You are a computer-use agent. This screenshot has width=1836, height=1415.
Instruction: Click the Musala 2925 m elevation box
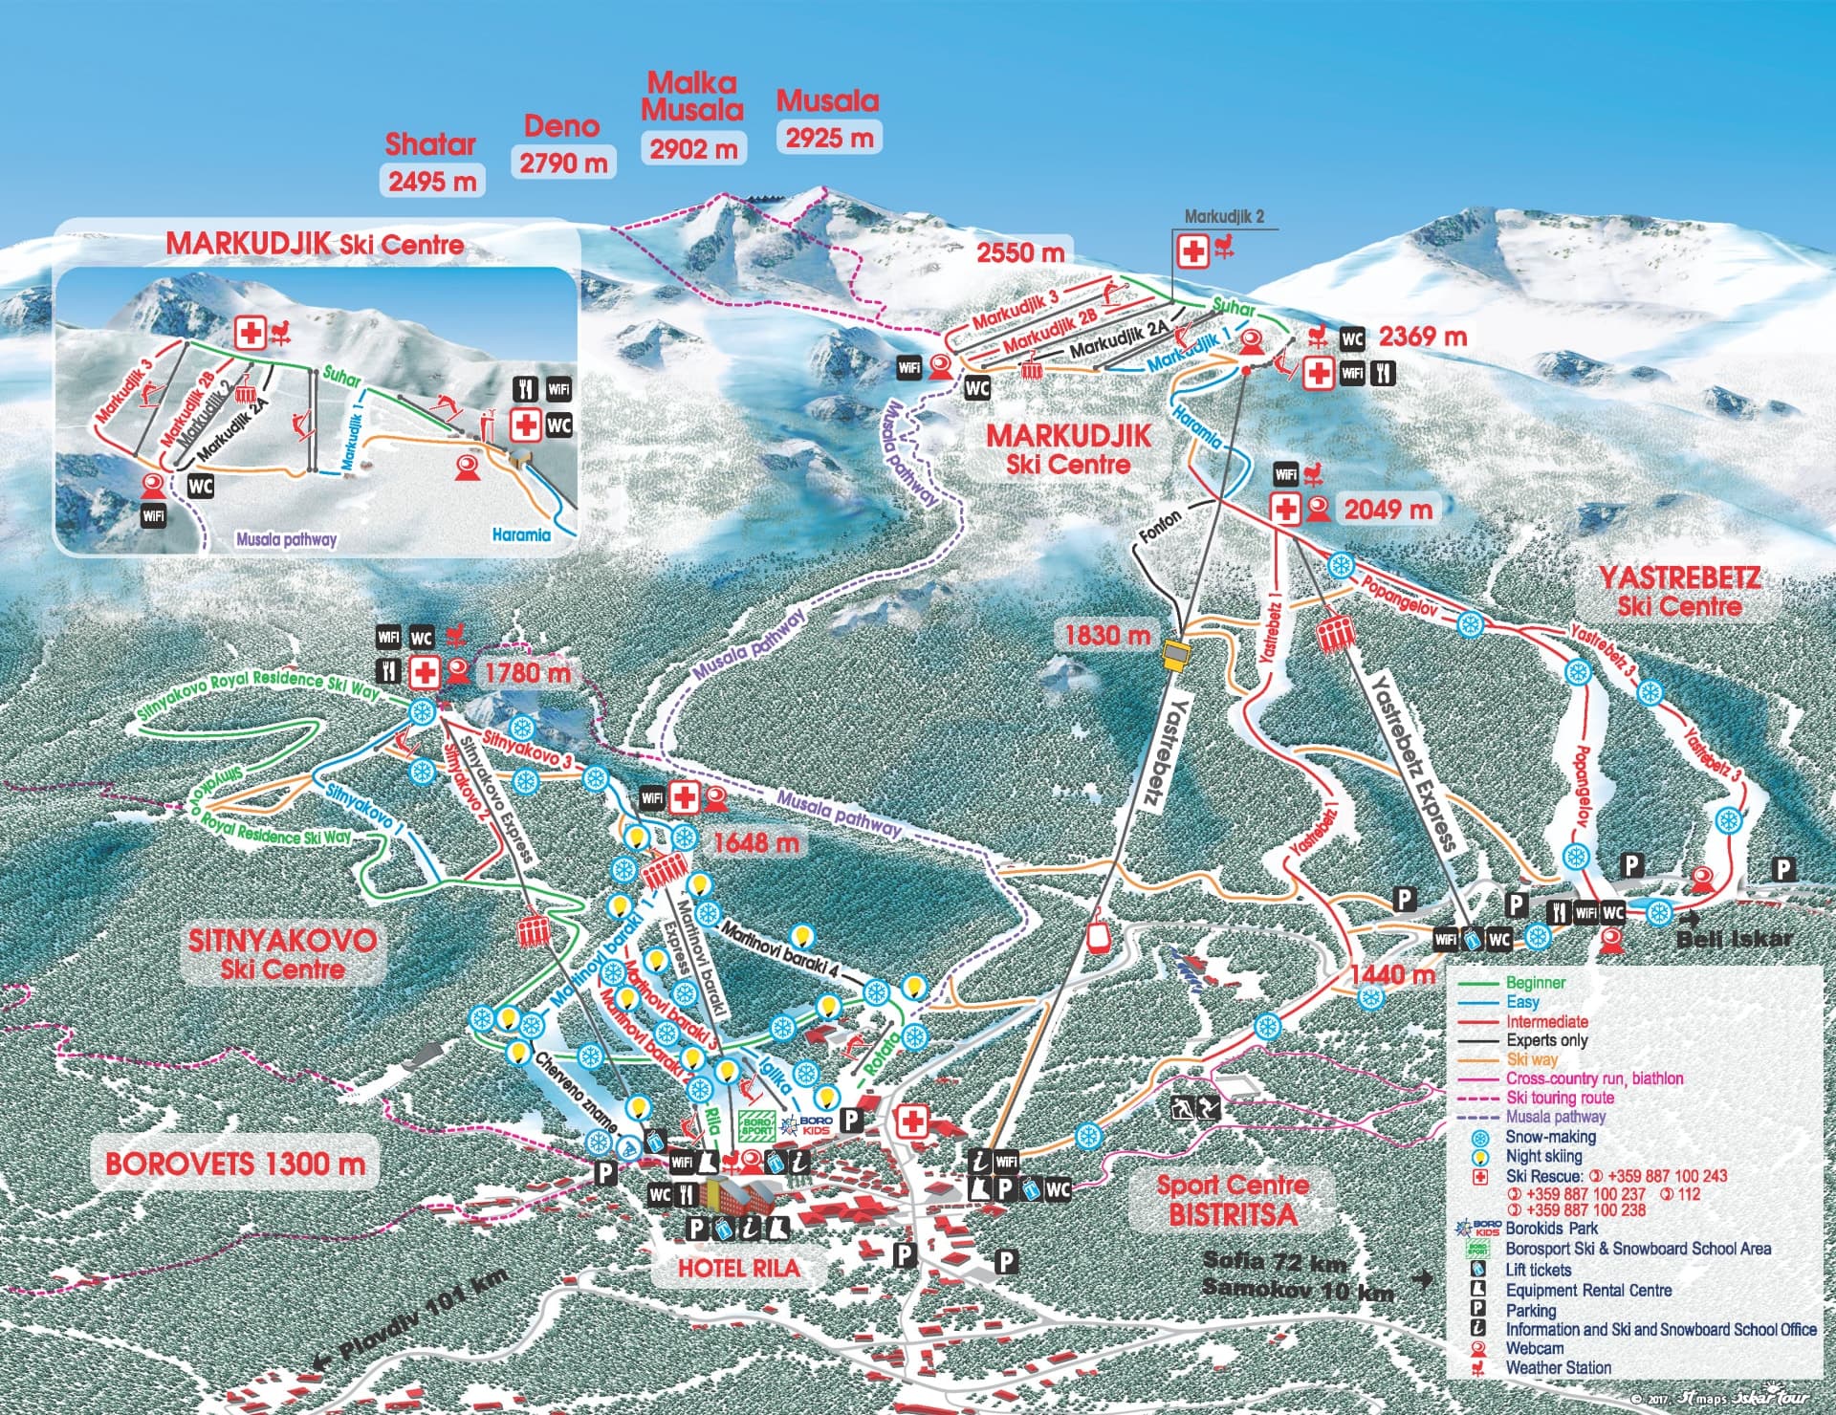pyautogui.click(x=829, y=138)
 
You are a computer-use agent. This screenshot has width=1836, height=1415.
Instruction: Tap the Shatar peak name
pyautogui.click(x=430, y=144)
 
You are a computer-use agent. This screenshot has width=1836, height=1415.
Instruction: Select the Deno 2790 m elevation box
pyautogui.click(x=563, y=163)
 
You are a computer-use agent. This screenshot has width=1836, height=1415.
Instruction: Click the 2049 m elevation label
pyautogui.click(x=1388, y=510)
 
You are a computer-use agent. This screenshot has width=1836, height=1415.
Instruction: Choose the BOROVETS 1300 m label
pyautogui.click(x=235, y=1164)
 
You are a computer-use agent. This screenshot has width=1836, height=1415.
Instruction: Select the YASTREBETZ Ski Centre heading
pyautogui.click(x=1679, y=592)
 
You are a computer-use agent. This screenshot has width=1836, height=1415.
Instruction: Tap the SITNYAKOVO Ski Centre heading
pyautogui.click(x=282, y=953)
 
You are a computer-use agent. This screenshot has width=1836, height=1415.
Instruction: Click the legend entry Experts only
pyautogui.click(x=1546, y=1040)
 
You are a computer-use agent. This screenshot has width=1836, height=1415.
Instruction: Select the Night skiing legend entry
pyautogui.click(x=1543, y=1156)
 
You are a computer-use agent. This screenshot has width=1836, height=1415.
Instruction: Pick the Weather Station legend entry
pyautogui.click(x=1558, y=1368)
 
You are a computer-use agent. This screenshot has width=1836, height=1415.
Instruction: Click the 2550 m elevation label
pyautogui.click(x=1019, y=252)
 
